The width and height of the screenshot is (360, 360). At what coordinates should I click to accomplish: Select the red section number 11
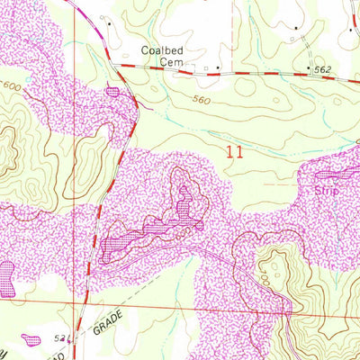(x=236, y=154)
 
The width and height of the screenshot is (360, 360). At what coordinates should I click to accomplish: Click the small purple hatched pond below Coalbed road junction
(x=112, y=91)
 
